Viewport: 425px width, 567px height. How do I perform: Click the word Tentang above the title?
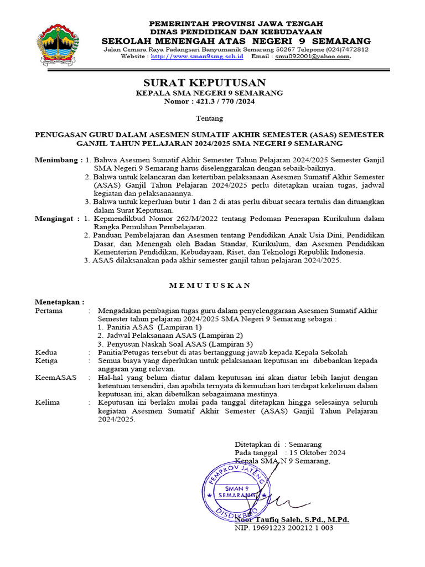[210, 118]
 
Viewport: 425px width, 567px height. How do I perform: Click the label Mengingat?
[56, 219]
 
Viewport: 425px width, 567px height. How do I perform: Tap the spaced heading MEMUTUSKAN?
[210, 285]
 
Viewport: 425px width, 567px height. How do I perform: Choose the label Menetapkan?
[59, 302]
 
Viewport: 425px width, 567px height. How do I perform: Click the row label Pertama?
[49, 311]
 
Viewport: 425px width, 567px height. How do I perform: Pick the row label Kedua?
[46, 352]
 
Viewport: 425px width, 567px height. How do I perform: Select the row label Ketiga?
[47, 360]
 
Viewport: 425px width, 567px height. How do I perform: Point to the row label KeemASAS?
[54, 377]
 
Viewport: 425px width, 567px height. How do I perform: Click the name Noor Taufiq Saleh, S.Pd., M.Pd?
[292, 520]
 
